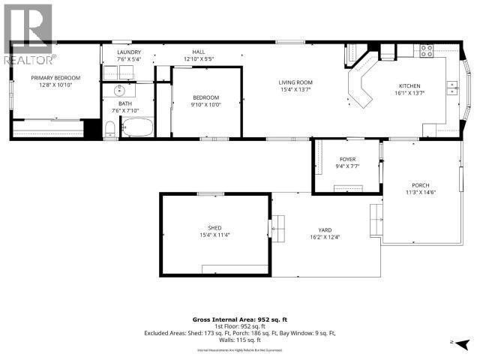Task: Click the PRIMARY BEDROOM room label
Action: [x=55, y=77]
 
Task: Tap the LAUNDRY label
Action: [x=129, y=52]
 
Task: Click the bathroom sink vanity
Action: [x=118, y=91]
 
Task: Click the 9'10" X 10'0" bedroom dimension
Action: [x=205, y=104]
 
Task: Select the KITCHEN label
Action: [x=409, y=86]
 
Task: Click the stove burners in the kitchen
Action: [x=425, y=52]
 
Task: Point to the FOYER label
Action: [x=347, y=159]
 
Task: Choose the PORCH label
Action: [x=420, y=185]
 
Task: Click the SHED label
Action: [x=214, y=228]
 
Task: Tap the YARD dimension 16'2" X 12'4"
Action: [x=325, y=237]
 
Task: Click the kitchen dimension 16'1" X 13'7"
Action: [x=409, y=94]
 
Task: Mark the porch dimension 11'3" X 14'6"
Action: [x=420, y=193]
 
